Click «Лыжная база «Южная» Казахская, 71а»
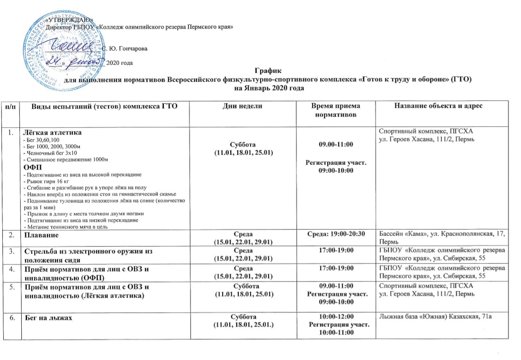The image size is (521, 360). (434, 316)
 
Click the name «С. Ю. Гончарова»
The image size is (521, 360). (125, 49)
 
